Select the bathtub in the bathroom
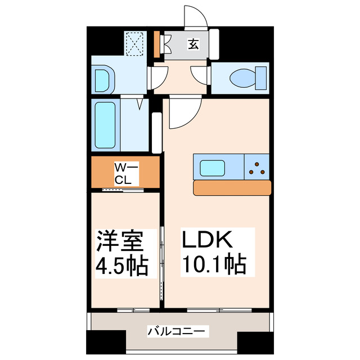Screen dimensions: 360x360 tap(105, 125)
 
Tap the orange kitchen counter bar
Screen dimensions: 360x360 tap(232, 187)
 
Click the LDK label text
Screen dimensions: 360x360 tap(205, 241)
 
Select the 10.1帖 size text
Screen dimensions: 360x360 tap(214, 263)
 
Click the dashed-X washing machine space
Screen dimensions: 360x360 tap(135, 44)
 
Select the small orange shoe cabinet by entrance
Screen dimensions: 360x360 tap(157, 44)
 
